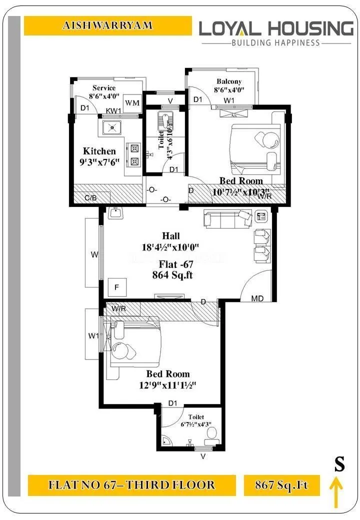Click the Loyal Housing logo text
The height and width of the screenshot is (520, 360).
276,28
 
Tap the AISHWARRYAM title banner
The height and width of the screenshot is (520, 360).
107,25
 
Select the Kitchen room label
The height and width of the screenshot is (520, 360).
99,151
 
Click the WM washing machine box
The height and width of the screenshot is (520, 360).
132,102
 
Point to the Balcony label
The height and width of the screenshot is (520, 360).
229,81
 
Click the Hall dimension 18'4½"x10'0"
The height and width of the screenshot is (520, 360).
170,246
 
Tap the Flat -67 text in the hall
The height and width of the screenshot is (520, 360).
172,264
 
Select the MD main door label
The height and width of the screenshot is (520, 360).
257,298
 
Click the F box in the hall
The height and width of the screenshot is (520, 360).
116,287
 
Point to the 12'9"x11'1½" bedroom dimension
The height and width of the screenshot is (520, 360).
167,385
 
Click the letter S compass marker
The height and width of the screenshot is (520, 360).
339,464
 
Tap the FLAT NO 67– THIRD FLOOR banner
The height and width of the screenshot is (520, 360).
131,485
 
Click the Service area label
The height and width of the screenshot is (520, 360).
103,88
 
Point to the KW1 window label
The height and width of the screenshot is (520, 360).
113,110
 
